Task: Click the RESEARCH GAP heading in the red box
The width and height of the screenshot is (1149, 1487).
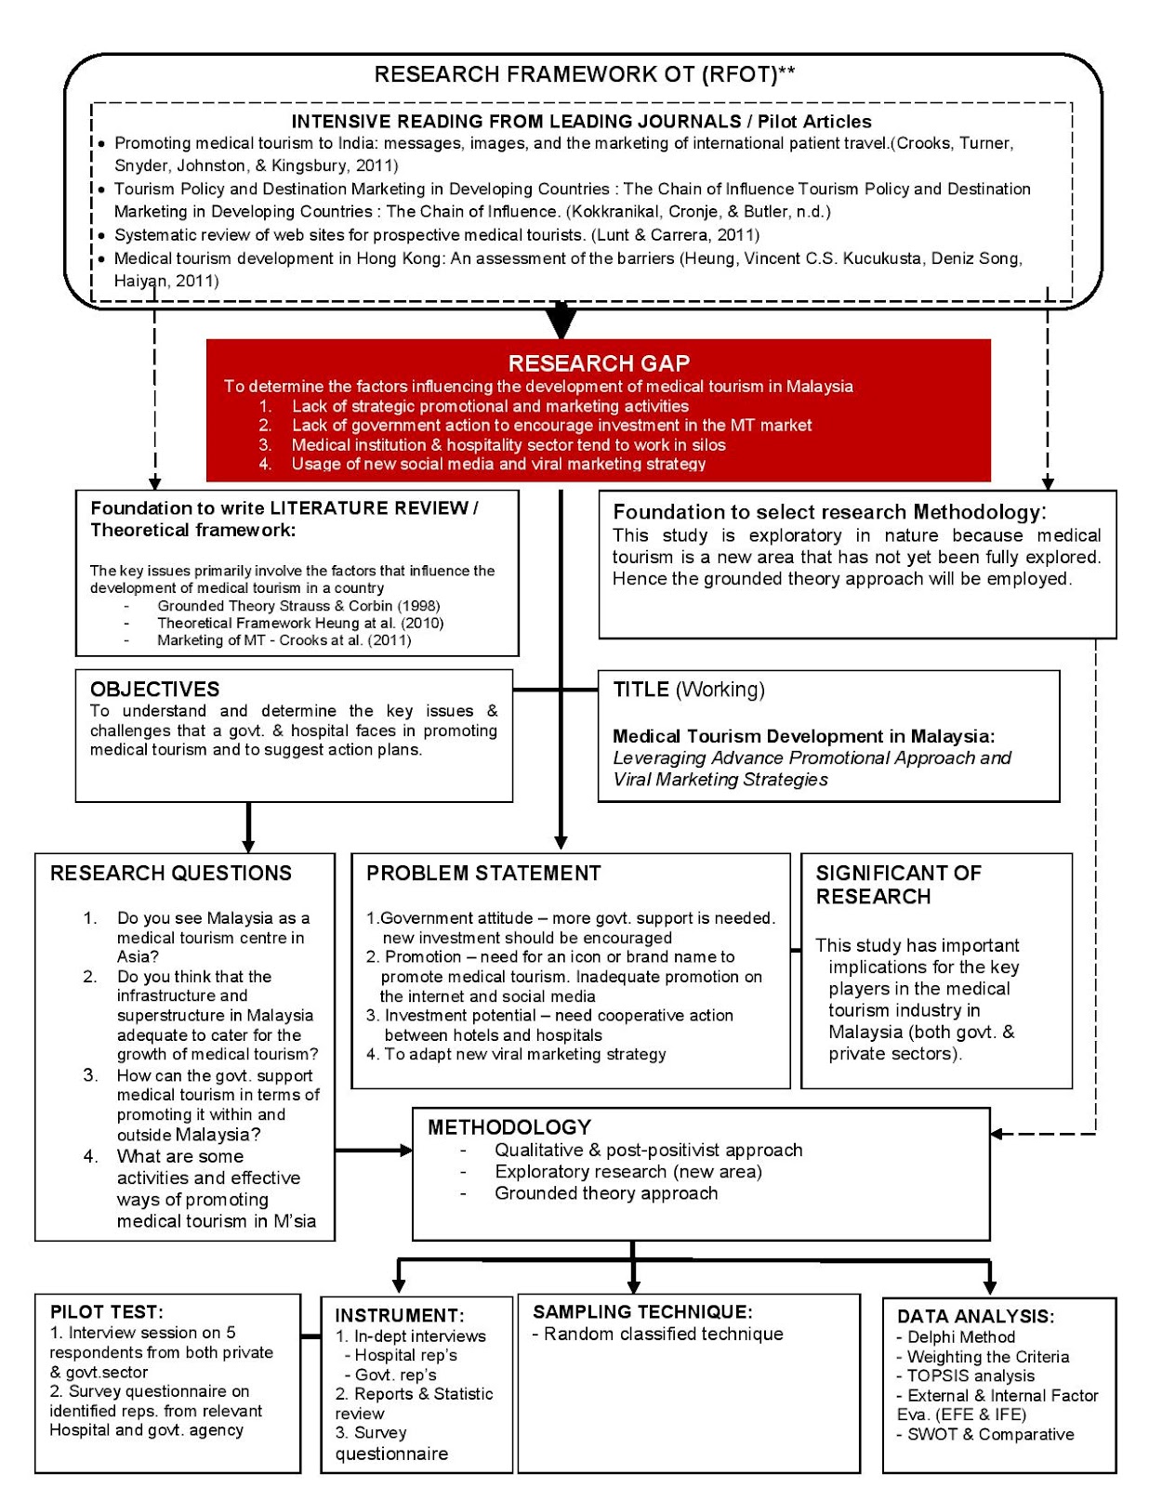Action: tap(598, 363)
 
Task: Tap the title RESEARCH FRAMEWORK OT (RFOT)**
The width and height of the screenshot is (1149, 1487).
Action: tap(584, 74)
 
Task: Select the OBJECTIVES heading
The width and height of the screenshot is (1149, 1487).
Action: tap(154, 689)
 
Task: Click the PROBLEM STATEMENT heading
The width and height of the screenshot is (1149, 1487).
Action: tap(483, 873)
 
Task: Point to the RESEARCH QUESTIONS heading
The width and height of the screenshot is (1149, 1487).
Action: tap(171, 873)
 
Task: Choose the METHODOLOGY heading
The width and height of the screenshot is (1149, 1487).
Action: tap(509, 1126)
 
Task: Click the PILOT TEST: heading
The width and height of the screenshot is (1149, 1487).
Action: tap(106, 1311)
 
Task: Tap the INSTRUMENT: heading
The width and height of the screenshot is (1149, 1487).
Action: tap(400, 1315)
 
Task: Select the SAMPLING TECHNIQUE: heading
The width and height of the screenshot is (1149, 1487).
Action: tap(642, 1311)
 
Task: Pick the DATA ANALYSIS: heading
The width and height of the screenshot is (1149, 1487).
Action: tap(975, 1316)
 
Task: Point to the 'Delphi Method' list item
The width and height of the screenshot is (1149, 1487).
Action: tap(961, 1336)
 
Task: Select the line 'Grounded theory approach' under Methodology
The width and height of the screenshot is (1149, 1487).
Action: tap(606, 1193)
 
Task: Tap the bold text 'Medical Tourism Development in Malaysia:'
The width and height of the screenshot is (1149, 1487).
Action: tap(803, 736)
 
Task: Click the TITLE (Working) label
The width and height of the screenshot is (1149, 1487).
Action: tap(689, 690)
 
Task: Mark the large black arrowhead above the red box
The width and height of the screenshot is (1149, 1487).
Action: tap(561, 322)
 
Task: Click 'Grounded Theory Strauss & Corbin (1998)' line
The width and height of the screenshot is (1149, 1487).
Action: tap(298, 606)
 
